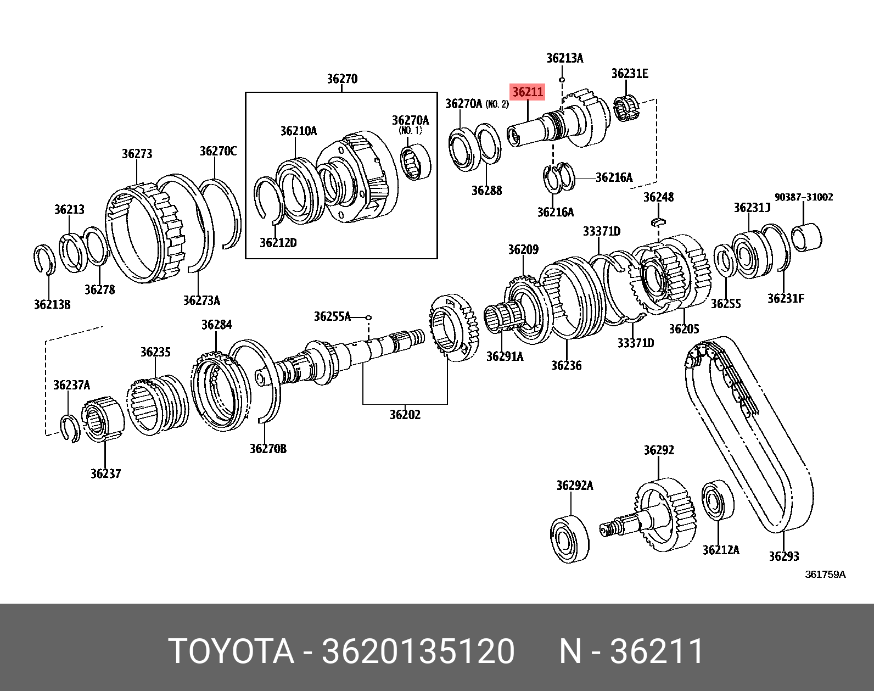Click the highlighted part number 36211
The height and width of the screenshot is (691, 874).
[x=528, y=92]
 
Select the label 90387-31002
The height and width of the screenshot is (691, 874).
[x=804, y=197]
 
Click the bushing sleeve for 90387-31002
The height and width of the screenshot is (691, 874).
[x=807, y=238]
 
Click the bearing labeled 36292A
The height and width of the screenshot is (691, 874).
[x=569, y=538]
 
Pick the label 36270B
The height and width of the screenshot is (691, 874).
[x=268, y=449]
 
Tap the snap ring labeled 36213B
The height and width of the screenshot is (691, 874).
[x=44, y=260]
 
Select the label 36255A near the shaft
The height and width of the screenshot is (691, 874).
[x=332, y=316]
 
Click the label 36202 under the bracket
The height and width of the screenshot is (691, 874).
[x=405, y=415]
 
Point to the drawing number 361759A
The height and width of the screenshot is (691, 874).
[x=825, y=575]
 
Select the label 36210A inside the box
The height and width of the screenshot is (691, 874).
[x=298, y=131]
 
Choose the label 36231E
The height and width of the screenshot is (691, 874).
[x=630, y=74]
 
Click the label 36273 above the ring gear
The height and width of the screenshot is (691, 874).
[x=137, y=154]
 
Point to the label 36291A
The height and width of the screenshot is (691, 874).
[x=505, y=356]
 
